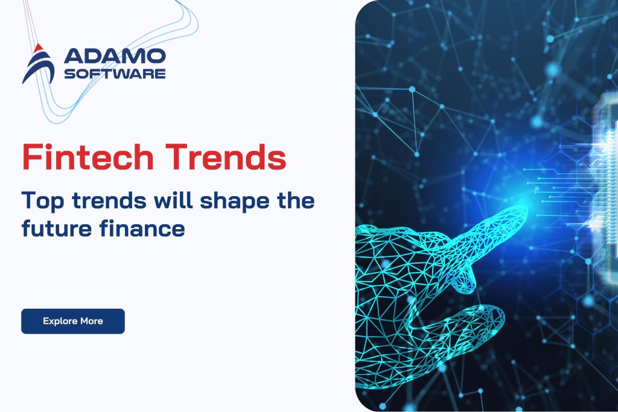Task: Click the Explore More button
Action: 72,321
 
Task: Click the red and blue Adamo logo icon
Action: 38,64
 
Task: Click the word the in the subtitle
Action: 295,200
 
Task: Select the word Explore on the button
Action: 59,321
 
